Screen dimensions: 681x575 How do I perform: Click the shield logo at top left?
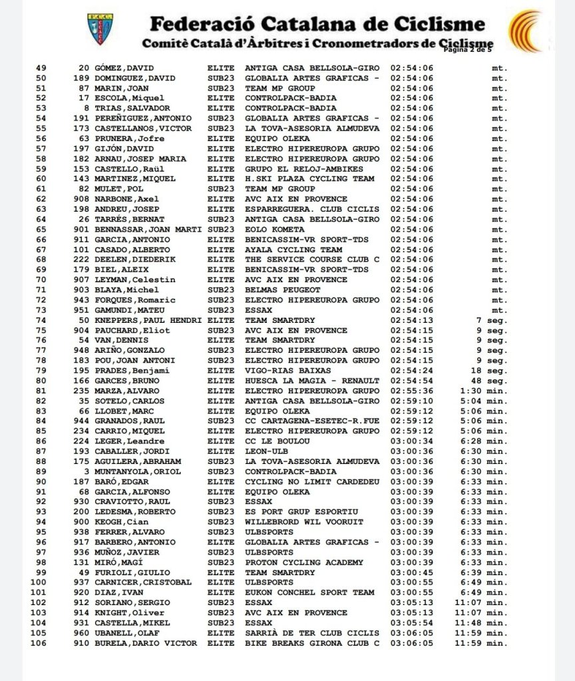pos(100,29)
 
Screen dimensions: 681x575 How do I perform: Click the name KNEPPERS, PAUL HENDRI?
pos(148,320)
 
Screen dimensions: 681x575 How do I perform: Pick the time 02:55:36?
pos(411,391)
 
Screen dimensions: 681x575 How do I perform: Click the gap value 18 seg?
pos(492,370)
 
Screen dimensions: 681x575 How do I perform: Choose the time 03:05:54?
pos(411,622)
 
